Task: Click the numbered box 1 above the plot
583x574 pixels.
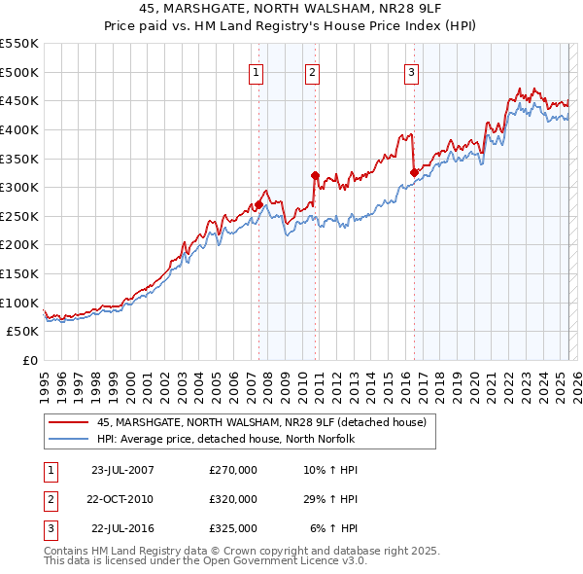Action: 256,71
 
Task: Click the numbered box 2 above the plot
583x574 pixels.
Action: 312,71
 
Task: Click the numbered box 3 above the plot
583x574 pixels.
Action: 412,71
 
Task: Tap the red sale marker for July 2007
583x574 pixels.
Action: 258,205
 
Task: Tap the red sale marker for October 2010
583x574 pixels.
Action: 315,176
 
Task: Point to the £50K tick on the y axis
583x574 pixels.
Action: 22,331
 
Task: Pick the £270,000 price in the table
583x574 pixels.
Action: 233,470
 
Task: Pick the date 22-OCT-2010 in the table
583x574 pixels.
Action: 121,499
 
